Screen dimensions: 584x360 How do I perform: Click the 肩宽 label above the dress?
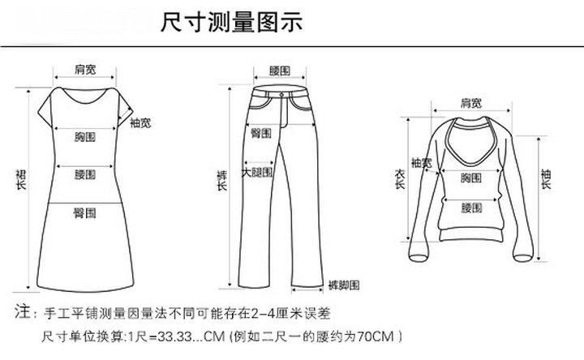84,70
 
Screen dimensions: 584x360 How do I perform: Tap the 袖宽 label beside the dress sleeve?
140,123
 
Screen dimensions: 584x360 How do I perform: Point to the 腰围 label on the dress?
85,174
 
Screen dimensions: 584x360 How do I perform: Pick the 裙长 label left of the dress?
20,179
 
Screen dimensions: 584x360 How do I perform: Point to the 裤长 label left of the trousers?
222,181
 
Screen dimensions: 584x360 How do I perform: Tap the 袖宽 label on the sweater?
421,163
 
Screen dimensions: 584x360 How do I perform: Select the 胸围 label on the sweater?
471,178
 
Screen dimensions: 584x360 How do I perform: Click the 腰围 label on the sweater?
471,208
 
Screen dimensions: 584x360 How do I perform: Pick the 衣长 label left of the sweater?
398,179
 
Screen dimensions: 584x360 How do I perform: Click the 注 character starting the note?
24,311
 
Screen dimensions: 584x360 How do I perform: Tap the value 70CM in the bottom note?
377,335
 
